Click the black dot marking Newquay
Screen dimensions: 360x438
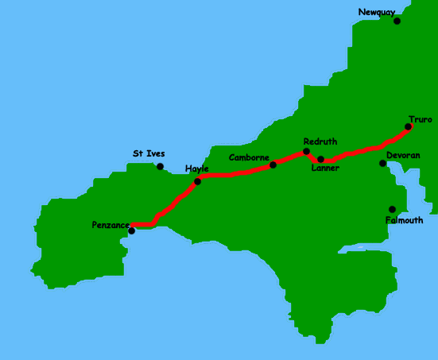coord(397,21)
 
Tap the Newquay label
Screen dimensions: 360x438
coord(375,12)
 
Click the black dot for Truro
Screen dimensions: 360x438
coord(409,126)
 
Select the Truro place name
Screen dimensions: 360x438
coord(421,119)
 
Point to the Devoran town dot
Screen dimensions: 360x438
coord(382,163)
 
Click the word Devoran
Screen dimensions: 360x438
coord(403,156)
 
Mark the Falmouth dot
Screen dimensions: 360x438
coord(392,209)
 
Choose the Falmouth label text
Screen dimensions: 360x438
coord(404,220)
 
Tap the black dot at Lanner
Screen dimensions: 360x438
coord(320,159)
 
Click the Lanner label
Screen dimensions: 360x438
coord(325,168)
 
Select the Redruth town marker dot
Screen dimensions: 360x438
coord(306,151)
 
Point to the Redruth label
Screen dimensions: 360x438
coord(320,141)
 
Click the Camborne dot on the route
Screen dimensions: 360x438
coord(273,165)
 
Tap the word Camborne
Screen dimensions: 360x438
coord(249,157)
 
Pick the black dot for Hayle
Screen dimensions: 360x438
coord(197,181)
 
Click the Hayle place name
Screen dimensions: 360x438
coord(196,169)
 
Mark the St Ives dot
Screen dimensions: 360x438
coord(160,166)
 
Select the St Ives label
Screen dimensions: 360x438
coord(149,153)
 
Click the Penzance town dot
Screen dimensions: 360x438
coord(131,230)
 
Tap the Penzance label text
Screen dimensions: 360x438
coord(110,226)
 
